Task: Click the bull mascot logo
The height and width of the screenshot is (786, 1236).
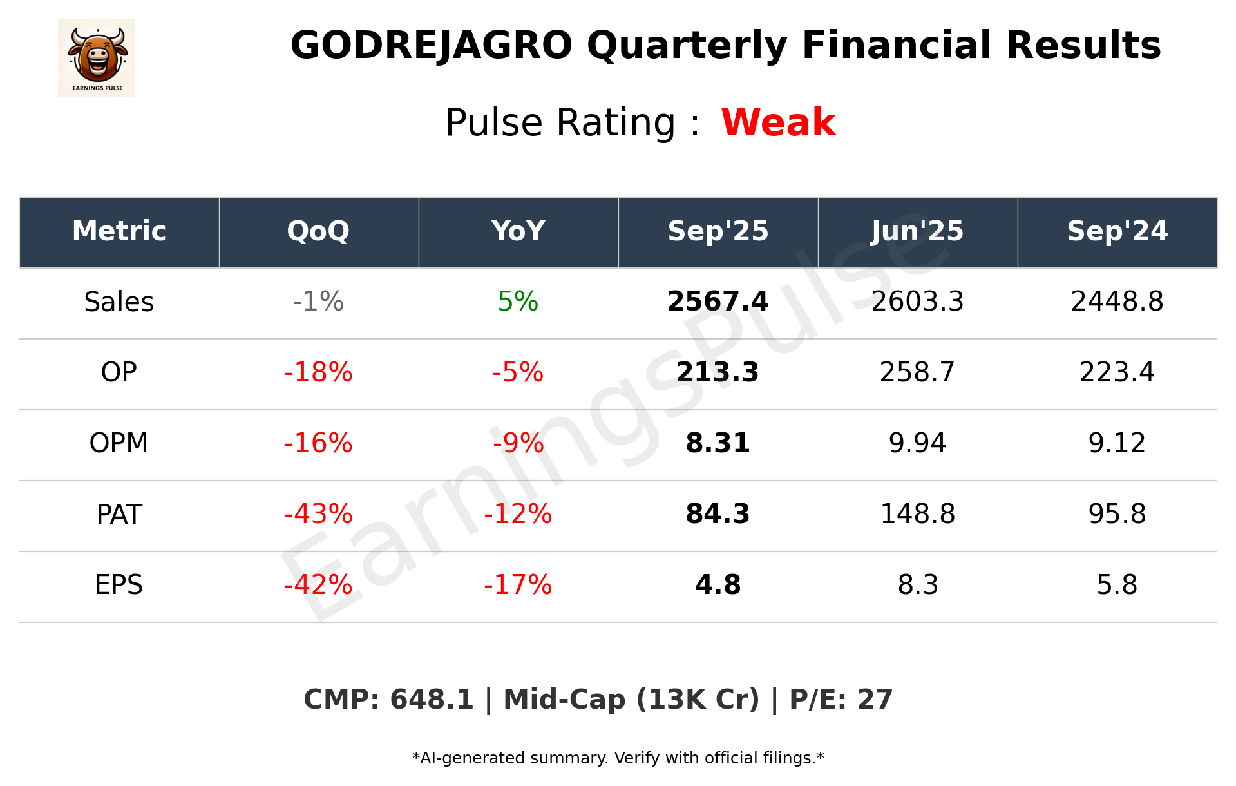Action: pyautogui.click(x=97, y=57)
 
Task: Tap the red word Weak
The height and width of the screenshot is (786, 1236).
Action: pyautogui.click(x=778, y=122)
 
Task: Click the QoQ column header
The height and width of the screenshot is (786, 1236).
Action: pyautogui.click(x=318, y=231)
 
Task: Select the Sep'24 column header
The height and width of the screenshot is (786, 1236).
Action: pyautogui.click(x=1117, y=231)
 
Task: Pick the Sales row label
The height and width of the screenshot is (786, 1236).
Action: pyautogui.click(x=119, y=302)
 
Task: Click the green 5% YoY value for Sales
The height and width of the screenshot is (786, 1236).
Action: pyautogui.click(x=518, y=302)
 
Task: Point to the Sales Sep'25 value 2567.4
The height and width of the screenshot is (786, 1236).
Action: pyautogui.click(x=718, y=302)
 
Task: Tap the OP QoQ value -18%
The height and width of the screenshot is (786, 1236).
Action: pyautogui.click(x=318, y=372)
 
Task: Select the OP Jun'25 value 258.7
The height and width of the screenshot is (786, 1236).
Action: pyautogui.click(x=917, y=372)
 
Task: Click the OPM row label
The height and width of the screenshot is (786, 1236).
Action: pyautogui.click(x=119, y=443)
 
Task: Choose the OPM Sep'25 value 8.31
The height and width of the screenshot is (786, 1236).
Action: pyautogui.click(x=718, y=443)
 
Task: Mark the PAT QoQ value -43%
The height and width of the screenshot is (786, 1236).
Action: pyautogui.click(x=318, y=514)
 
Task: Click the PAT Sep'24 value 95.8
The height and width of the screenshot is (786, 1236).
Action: pyautogui.click(x=1117, y=514)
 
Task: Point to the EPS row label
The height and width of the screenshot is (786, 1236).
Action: pyautogui.click(x=119, y=585)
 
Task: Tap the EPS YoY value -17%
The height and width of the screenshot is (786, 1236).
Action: pyautogui.click(x=518, y=585)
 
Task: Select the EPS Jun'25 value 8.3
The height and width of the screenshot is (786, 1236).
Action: pyautogui.click(x=917, y=585)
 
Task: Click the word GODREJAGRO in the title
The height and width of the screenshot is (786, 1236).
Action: pyautogui.click(x=431, y=46)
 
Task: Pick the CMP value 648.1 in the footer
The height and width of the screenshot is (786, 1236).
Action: pyautogui.click(x=432, y=700)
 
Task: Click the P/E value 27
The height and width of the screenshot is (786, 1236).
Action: pyautogui.click(x=875, y=700)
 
